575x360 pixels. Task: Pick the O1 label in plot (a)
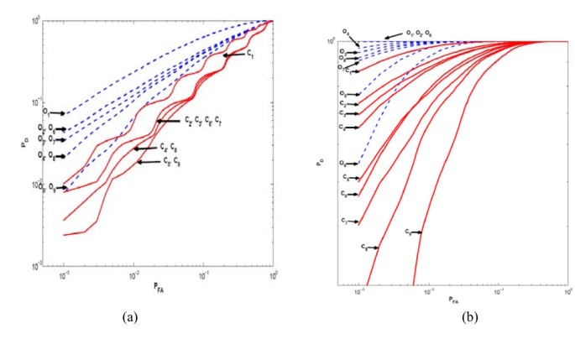[47, 112]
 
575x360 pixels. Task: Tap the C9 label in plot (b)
[409, 232]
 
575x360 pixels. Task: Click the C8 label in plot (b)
[364, 248]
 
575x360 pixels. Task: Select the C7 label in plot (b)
[344, 220]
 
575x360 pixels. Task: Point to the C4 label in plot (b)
[342, 128]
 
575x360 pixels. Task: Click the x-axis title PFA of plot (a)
[159, 286]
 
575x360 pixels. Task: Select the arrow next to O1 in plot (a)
[58, 112]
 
